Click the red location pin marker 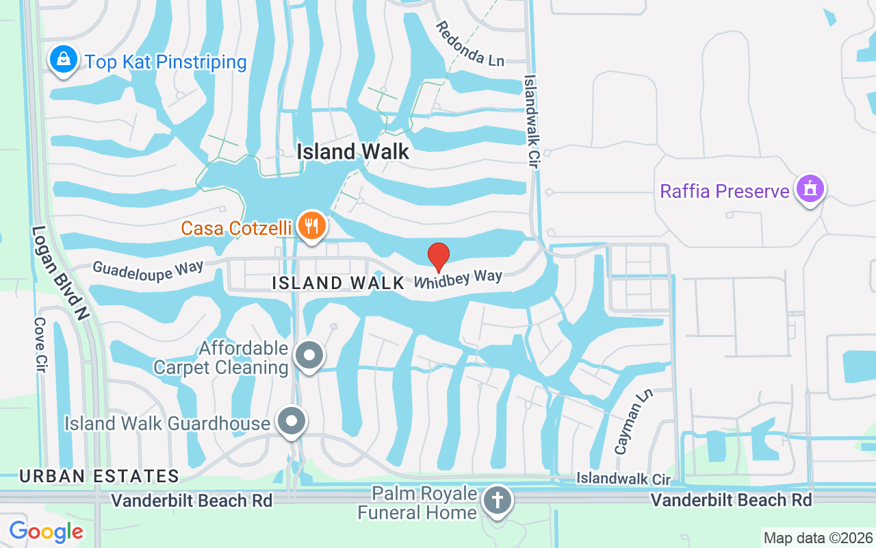438,257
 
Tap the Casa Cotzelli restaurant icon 311,225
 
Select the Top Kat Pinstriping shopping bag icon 63,60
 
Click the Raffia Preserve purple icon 811,188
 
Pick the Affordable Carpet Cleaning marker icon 309,356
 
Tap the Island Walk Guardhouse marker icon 292,421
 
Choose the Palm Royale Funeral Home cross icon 498,501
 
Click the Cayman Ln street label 633,423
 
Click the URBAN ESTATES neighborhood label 99,476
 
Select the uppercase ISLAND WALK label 338,283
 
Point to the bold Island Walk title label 353,151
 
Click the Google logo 46,531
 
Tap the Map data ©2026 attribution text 818,538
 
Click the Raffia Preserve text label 725,190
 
